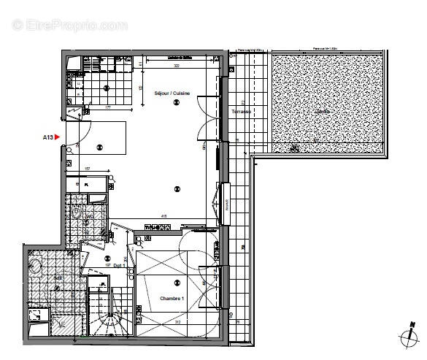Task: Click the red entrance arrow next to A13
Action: (58, 137)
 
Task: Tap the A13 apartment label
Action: (47, 137)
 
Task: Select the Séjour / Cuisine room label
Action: (173, 94)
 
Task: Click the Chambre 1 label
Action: (172, 298)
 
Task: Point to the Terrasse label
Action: (242, 112)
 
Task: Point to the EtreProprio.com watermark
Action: (70, 25)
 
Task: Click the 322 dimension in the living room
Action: (175, 66)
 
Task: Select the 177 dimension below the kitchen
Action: (107, 107)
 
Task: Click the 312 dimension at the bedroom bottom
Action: (177, 321)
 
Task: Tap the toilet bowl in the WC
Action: (77, 212)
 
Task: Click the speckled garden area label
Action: (322, 112)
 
